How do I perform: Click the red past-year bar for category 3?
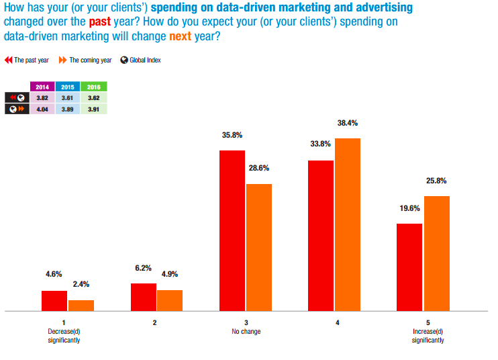(232, 230)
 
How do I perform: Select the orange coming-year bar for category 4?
(348, 224)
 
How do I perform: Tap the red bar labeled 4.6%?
(54, 300)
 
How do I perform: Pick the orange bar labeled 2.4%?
(81, 305)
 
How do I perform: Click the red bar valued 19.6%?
(409, 267)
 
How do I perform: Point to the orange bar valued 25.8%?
(436, 253)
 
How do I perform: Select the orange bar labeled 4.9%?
(170, 300)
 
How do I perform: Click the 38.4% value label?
(348, 124)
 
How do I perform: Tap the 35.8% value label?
(232, 135)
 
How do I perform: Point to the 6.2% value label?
(144, 269)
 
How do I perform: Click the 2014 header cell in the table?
(42, 87)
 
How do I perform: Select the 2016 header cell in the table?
(93, 87)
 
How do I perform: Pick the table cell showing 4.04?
(42, 108)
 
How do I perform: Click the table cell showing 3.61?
(68, 97)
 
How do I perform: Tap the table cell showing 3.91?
(93, 108)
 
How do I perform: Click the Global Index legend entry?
(141, 60)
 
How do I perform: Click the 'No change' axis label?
(246, 332)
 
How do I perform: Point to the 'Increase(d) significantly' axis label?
(428, 336)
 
